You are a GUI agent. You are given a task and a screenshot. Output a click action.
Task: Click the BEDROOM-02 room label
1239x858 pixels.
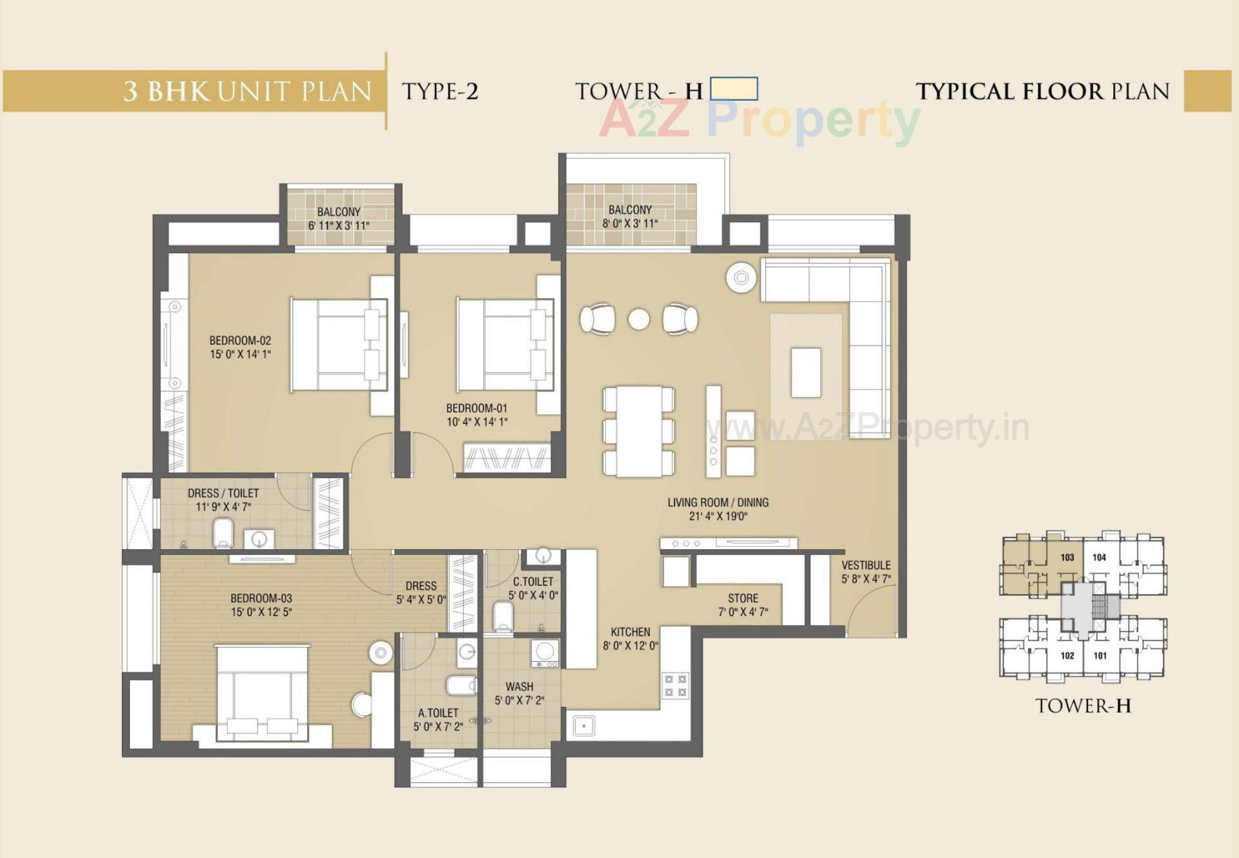coord(240,340)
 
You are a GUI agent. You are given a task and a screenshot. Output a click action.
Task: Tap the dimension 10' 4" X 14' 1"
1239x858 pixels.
coord(476,422)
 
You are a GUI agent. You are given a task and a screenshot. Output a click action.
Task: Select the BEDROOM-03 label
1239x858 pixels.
coord(261,598)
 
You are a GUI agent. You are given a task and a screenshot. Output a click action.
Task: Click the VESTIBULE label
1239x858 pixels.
coord(866,564)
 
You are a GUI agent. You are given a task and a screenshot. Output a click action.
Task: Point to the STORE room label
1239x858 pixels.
coord(743,598)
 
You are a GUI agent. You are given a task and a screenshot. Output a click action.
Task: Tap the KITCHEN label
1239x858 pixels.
coord(630,632)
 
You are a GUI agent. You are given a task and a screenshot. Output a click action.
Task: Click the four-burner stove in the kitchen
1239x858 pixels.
coord(675,685)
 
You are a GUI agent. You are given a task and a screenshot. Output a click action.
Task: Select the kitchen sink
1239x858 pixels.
coord(584,726)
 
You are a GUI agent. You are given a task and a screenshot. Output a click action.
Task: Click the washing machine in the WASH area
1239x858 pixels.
coord(545,652)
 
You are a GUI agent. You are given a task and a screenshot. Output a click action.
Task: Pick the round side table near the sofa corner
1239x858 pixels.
coord(741,278)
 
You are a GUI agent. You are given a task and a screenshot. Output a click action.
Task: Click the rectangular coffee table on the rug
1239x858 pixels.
coord(806,372)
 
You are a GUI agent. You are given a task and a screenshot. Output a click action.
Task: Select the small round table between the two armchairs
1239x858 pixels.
coord(639,319)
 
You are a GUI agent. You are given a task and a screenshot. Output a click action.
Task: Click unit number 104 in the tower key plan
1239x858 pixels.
coord(1099,557)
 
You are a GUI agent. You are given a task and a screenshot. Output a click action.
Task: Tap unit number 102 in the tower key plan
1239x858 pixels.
coord(1067,655)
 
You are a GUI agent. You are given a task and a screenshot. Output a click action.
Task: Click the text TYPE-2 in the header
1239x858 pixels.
coord(440,92)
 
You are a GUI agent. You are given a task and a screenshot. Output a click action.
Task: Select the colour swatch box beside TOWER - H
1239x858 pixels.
coord(734,88)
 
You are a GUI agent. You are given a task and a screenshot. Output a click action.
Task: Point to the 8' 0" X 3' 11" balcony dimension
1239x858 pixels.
coord(630,224)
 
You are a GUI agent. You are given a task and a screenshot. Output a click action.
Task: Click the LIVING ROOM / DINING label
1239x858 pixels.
coord(718,502)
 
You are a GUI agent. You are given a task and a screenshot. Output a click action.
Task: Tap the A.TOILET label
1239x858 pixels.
coord(438,713)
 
